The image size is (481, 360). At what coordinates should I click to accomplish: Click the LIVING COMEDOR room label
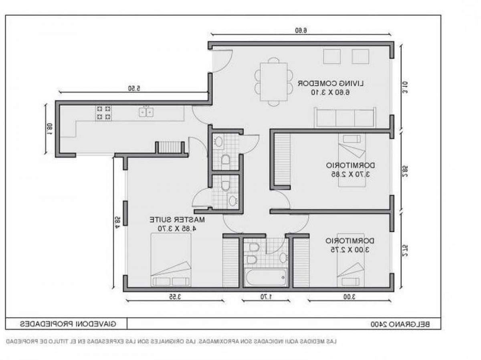[330, 87]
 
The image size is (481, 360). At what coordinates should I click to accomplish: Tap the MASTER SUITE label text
[178, 224]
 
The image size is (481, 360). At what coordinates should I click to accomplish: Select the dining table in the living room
[273, 82]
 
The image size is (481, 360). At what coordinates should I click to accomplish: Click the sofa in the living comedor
[345, 117]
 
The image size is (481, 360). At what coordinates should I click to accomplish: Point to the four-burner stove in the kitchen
[103, 113]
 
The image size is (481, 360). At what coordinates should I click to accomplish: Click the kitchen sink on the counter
[146, 112]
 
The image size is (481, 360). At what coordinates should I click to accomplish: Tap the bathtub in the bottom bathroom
[266, 277]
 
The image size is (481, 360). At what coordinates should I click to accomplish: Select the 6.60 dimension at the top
[301, 30]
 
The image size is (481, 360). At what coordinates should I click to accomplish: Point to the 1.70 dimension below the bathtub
[265, 297]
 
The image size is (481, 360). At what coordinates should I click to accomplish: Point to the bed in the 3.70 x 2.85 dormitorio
[352, 160]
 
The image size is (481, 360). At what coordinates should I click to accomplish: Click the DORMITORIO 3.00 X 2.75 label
[350, 245]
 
